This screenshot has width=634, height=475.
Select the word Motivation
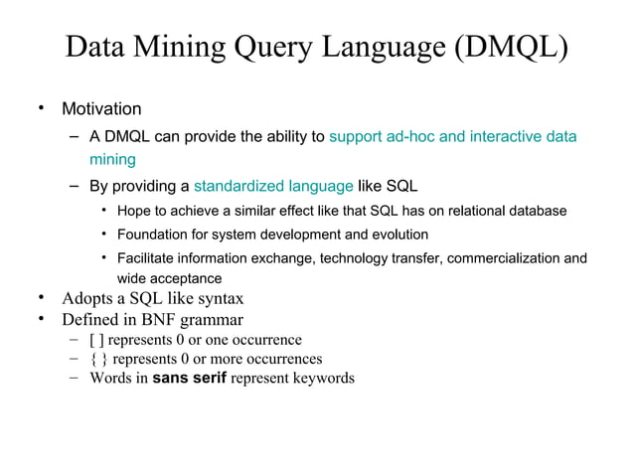tap(102, 108)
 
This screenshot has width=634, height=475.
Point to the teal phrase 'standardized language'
tap(273, 186)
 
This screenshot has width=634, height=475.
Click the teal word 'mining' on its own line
tap(112, 159)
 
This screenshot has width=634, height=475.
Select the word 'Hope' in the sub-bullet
tap(134, 211)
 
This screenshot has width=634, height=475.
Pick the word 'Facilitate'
tap(149, 259)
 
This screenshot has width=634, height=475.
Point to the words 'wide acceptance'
tap(169, 279)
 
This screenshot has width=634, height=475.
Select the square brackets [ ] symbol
tap(96, 340)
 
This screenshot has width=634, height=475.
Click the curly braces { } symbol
tap(98, 359)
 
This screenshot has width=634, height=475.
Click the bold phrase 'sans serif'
tap(189, 378)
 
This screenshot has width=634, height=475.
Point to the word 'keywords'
tap(322, 378)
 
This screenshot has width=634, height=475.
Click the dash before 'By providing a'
tap(76, 186)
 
